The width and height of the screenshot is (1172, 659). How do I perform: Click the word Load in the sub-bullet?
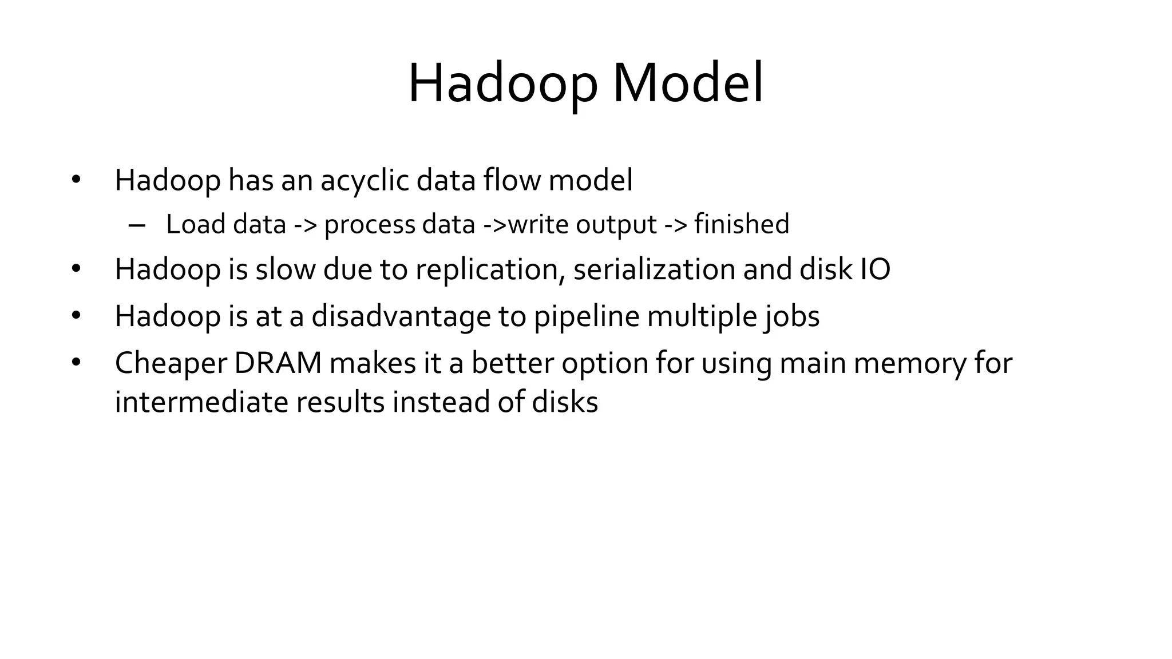pyautogui.click(x=195, y=224)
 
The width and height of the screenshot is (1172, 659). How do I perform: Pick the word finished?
pyautogui.click(x=742, y=224)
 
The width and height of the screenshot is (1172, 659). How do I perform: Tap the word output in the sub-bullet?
pyautogui.click(x=616, y=224)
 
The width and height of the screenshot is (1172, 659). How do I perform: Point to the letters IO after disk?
pyautogui.click(x=875, y=269)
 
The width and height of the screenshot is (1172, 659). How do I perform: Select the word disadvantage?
pyautogui.click(x=401, y=316)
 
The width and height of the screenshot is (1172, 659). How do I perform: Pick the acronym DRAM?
pyautogui.click(x=278, y=363)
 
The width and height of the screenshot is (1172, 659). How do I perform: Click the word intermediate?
pyautogui.click(x=201, y=402)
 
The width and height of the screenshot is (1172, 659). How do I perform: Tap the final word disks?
pyautogui.click(x=565, y=402)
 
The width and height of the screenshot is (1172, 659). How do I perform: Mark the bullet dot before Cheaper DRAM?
pyautogui.click(x=76, y=362)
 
